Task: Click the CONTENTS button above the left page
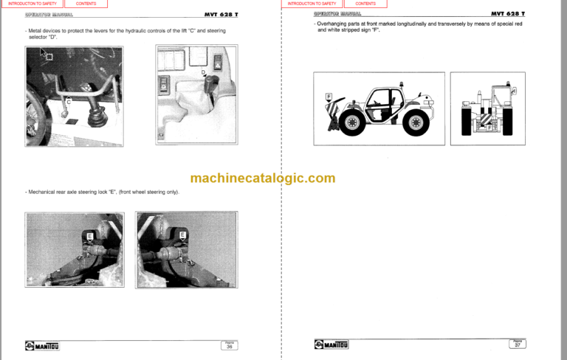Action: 86,4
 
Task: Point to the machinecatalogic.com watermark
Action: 262,178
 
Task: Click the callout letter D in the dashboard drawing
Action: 203,72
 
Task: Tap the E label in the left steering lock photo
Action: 90,235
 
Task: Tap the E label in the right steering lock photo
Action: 182,235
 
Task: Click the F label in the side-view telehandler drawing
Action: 328,97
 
